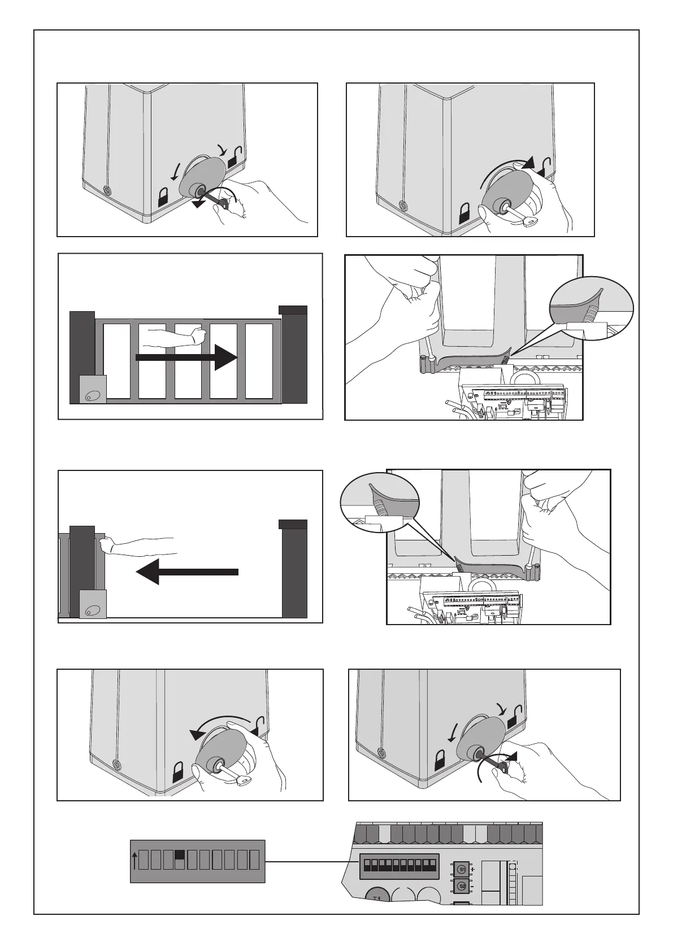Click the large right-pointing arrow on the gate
tap(186, 357)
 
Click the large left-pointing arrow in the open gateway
tap(187, 572)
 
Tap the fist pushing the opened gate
tap(106, 546)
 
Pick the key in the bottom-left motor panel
tap(244, 780)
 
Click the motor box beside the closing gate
tap(93, 390)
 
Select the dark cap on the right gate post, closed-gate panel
tap(293, 309)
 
